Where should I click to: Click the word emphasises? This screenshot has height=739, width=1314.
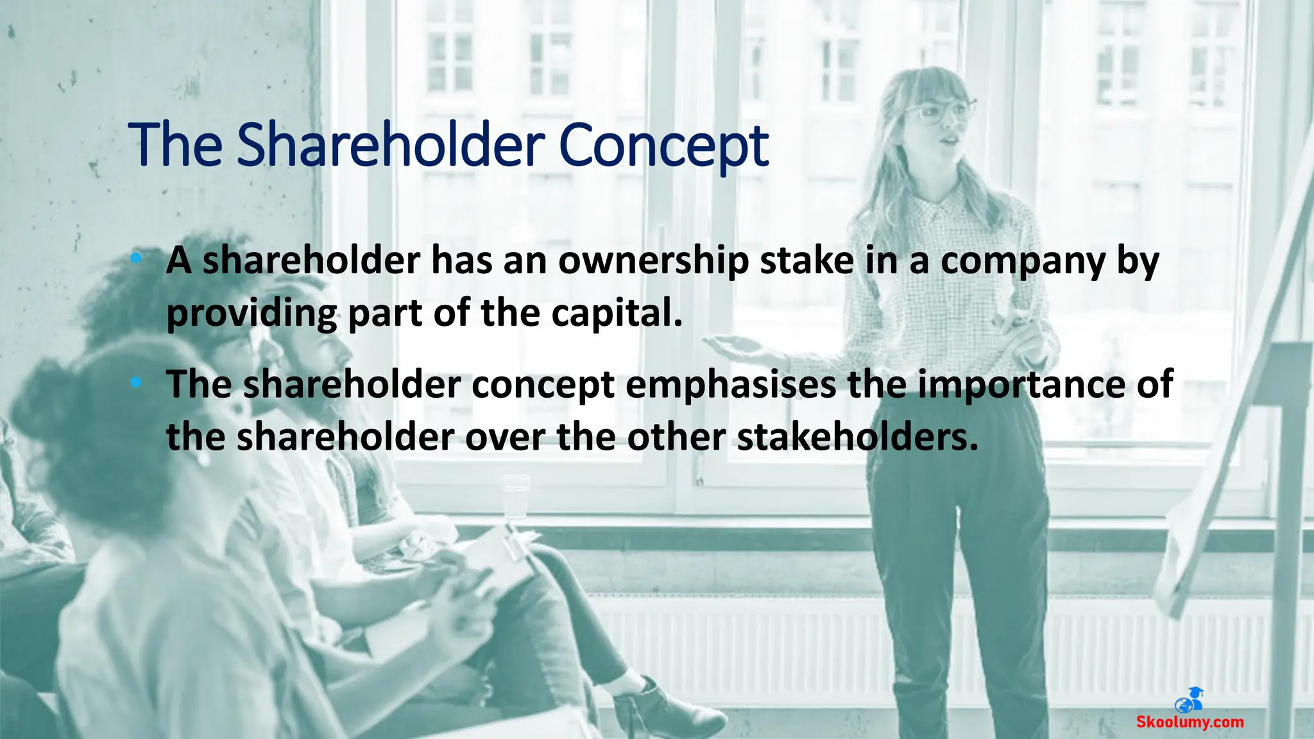[x=731, y=385]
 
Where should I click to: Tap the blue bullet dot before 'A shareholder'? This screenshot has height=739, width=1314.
[x=135, y=259]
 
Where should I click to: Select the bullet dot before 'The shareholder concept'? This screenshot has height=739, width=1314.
[x=135, y=383]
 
